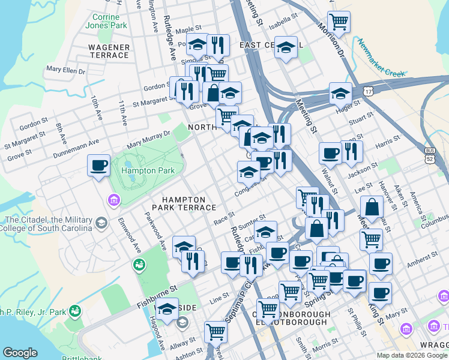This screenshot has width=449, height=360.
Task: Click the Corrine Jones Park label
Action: click(x=106, y=22)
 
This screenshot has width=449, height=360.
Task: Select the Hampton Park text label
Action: click(x=148, y=170)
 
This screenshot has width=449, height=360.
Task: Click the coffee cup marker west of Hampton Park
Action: click(x=98, y=165)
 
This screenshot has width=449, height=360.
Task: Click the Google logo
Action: click(x=20, y=352)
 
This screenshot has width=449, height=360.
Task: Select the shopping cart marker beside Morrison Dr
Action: click(x=339, y=22)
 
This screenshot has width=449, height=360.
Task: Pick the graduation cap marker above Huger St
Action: click(x=340, y=93)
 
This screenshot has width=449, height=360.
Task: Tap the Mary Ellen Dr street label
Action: click(x=65, y=70)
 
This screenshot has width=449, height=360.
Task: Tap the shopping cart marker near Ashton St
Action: click(x=215, y=331)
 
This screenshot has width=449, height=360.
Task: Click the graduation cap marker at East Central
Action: click(x=286, y=47)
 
